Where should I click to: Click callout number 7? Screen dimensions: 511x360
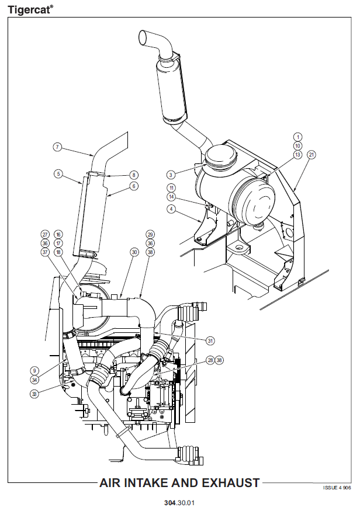(x=57, y=147)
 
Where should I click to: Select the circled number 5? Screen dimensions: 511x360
(x=58, y=173)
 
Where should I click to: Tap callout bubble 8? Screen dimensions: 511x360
(x=134, y=175)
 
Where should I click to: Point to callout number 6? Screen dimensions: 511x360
(x=134, y=186)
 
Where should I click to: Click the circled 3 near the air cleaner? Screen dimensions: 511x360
(x=171, y=175)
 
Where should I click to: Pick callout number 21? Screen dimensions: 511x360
(x=311, y=155)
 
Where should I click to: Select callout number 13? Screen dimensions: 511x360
(x=297, y=155)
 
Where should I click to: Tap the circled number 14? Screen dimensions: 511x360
(x=171, y=197)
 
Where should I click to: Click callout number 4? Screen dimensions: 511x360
(x=171, y=208)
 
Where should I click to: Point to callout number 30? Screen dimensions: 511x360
(x=134, y=252)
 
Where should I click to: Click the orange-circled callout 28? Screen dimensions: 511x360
(x=210, y=360)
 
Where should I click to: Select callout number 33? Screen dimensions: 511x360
(x=35, y=394)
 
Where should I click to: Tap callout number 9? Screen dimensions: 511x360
(x=35, y=371)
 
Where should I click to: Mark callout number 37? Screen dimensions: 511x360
(x=45, y=252)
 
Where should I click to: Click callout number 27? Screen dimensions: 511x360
(x=45, y=234)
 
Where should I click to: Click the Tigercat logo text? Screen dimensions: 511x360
(x=30, y=8)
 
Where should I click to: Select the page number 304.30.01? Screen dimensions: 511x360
(x=179, y=502)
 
